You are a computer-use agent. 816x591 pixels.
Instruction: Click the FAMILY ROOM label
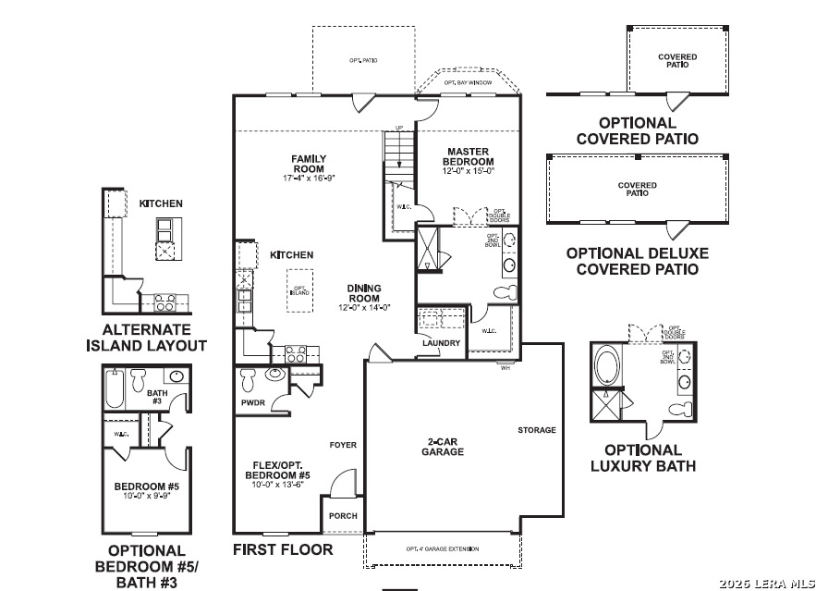coord(308,164)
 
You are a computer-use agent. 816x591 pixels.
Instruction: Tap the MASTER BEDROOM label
coord(468,156)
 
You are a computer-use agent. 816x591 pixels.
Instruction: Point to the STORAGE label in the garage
coord(536,430)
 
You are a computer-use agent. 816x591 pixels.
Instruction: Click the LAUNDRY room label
coord(441,343)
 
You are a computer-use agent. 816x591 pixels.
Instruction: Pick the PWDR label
coord(252,403)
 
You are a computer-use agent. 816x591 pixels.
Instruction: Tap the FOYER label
coord(343,446)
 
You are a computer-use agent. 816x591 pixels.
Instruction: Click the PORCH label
coord(343,516)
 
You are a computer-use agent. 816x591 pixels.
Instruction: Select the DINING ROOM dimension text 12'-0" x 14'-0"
coord(364,307)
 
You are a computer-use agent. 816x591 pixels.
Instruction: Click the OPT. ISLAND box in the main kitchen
coord(299,289)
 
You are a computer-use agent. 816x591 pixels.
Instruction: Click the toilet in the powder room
coord(248,378)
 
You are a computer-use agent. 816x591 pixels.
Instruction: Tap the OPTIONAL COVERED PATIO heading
coord(637,130)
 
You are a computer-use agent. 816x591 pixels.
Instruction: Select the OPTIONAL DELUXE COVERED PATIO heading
coord(637,261)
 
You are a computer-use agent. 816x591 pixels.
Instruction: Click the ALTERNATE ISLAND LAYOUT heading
coord(146,338)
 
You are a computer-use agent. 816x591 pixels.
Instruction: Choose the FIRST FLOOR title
coord(283,549)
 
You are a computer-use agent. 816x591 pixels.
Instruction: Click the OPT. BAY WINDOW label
coord(468,83)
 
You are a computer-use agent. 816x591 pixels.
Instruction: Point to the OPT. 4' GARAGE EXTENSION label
coord(443,549)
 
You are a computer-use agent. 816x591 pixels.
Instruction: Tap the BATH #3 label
coord(157,398)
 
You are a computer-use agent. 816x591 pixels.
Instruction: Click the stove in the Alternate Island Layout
coord(164,302)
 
